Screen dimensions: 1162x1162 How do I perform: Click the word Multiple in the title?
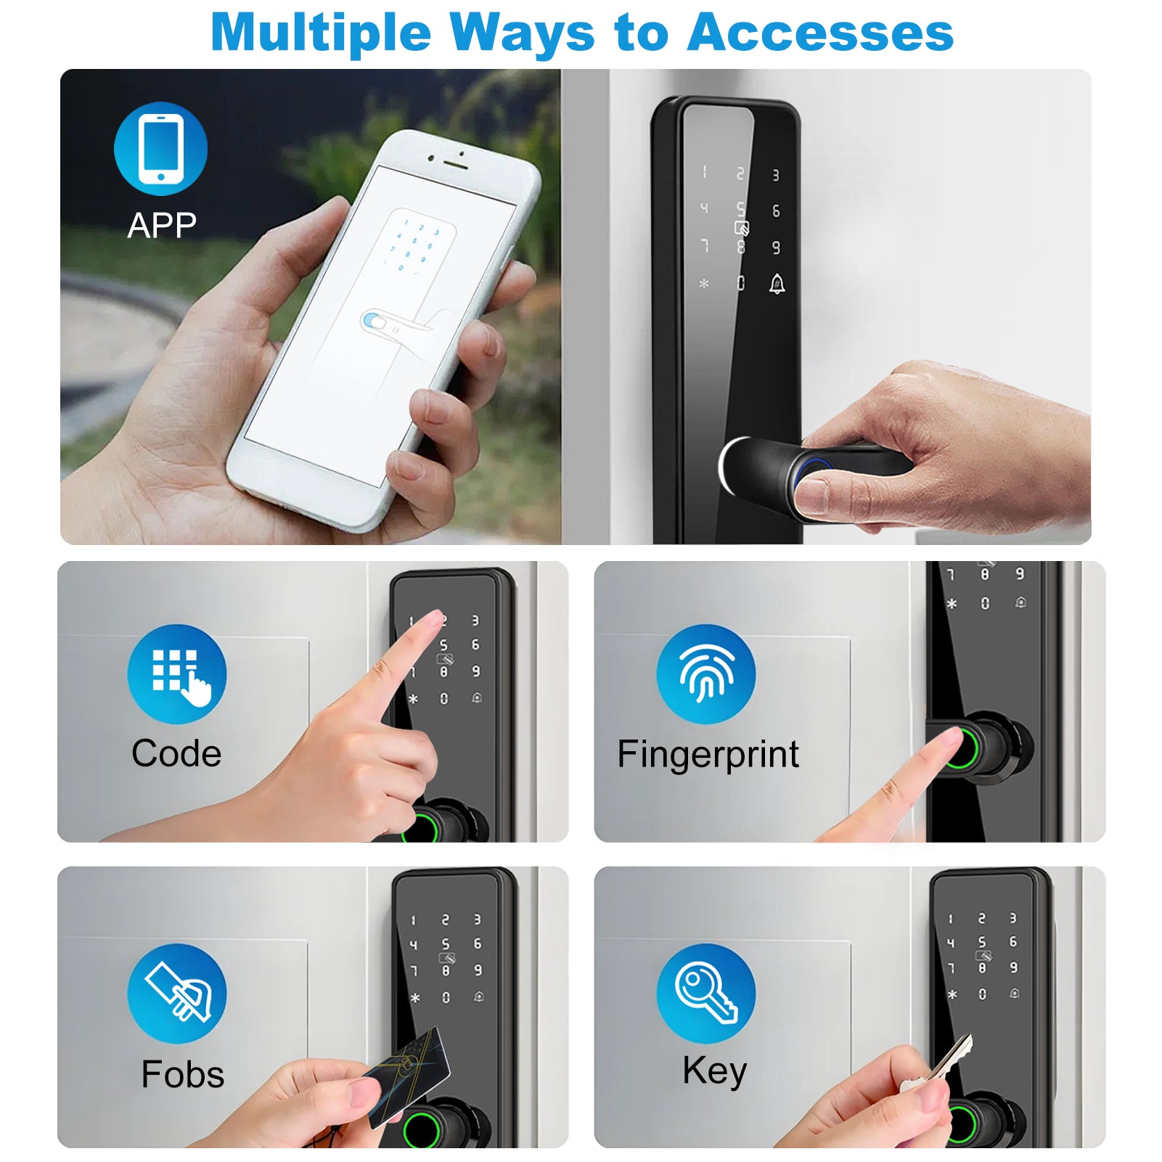pos(321,34)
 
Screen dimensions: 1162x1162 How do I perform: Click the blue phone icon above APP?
pos(160,149)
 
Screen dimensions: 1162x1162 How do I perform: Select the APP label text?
pos(162,225)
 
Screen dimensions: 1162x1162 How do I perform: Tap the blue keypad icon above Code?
pos(177,674)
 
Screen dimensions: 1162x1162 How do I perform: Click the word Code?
pos(176,753)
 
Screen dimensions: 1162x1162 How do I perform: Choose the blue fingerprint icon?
pos(706,674)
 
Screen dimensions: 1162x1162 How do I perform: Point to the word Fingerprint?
pos(708,755)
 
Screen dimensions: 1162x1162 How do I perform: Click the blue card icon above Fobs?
pos(177,994)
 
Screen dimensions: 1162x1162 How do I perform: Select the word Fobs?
pos(183,1074)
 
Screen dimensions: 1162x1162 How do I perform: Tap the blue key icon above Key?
pos(706,994)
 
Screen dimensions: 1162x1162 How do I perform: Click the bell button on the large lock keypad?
pos(777,284)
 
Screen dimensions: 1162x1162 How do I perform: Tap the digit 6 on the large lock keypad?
pos(776,210)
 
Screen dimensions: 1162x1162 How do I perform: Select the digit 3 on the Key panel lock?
pos(1013,918)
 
